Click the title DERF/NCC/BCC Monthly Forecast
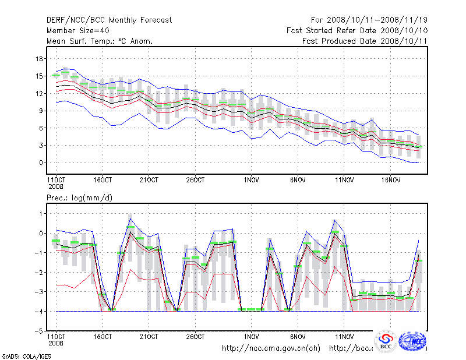pyautogui.click(x=109, y=20)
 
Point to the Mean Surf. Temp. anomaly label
pyautogui.click(x=99, y=41)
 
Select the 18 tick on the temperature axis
pyautogui.click(x=40, y=59)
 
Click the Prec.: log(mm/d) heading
pyautogui.click(x=79, y=198)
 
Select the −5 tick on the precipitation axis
pyautogui.click(x=39, y=331)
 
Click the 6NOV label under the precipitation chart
pyautogui.click(x=298, y=337)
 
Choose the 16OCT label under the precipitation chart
pyautogui.click(x=102, y=337)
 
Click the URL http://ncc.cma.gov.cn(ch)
pyautogui.click(x=271, y=348)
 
